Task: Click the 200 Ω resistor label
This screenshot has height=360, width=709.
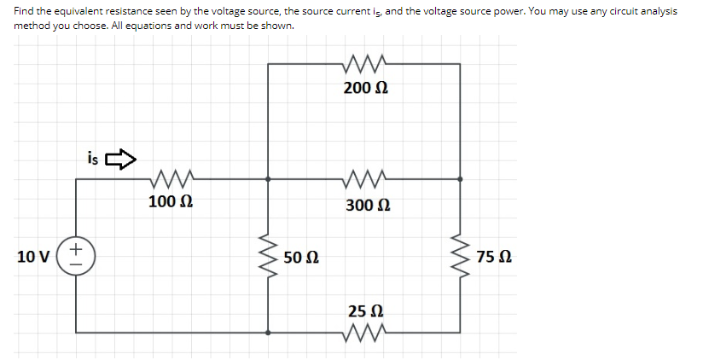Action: click(366, 88)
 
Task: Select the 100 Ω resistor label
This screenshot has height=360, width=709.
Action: click(170, 202)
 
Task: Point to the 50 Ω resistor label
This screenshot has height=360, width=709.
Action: click(302, 257)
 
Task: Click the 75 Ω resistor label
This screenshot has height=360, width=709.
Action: click(495, 257)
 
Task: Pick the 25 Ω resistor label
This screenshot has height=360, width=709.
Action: click(366, 310)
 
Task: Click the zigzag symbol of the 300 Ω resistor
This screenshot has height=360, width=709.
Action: click(365, 179)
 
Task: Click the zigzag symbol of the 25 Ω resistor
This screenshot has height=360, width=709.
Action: click(365, 331)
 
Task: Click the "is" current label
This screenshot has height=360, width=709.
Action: click(92, 157)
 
